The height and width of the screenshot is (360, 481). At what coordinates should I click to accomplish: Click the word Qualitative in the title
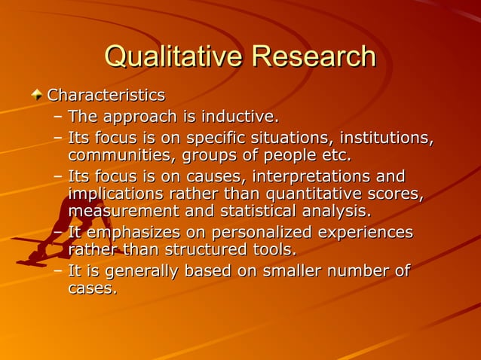pyautogui.click(x=173, y=56)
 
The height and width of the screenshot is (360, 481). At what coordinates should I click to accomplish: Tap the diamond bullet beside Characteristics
pyautogui.click(x=37, y=96)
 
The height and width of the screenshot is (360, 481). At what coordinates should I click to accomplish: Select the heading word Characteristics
pyautogui.click(x=106, y=96)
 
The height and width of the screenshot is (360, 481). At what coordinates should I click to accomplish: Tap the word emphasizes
pyautogui.click(x=129, y=233)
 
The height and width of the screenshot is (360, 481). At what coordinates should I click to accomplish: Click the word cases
pyautogui.click(x=91, y=288)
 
